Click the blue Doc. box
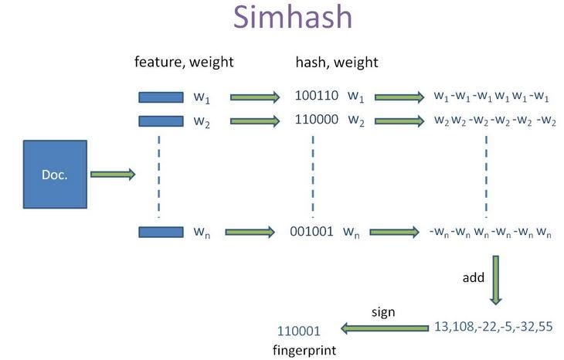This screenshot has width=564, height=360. point(55,175)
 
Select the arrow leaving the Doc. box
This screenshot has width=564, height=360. point(113,175)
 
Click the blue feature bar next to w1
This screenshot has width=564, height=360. point(161,97)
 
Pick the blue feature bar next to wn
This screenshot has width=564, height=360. point(161,231)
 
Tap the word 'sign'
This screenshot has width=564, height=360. point(383,312)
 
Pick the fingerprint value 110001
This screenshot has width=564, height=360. point(298,331)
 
